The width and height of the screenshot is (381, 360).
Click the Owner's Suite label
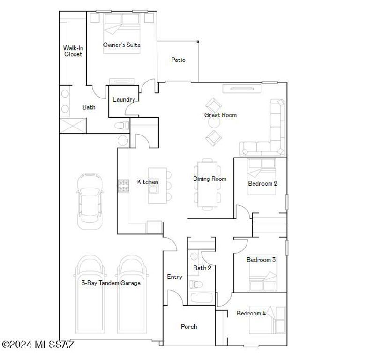[122, 45]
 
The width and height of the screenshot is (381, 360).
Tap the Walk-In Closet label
[73, 51]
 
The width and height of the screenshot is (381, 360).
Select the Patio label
[178, 60]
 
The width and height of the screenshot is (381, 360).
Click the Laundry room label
[124, 99]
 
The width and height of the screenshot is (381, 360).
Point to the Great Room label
[220, 115]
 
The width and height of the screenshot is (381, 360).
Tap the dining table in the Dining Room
[207, 184]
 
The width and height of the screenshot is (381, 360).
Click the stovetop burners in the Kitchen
[123, 186]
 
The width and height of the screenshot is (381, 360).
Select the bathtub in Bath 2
[202, 297]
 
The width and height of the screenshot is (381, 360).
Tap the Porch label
[189, 327]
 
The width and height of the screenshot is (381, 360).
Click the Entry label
[174, 277]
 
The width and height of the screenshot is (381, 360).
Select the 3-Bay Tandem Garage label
[111, 283]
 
